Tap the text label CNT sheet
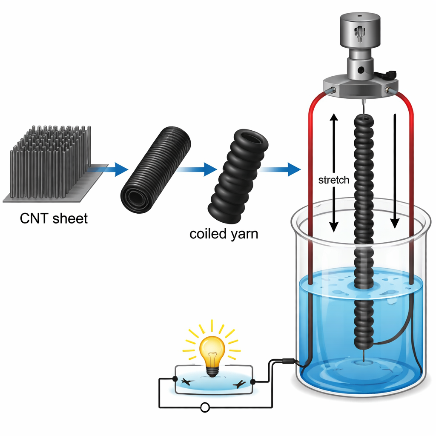pyautogui.click(x=54, y=219)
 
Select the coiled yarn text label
pyautogui.click(x=224, y=234)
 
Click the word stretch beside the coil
pyautogui.click(x=334, y=180)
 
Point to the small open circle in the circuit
pyautogui.click(x=204, y=408)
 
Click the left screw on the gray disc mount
pyautogui.click(x=332, y=90)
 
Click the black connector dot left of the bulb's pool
pyautogui.click(x=175, y=379)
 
